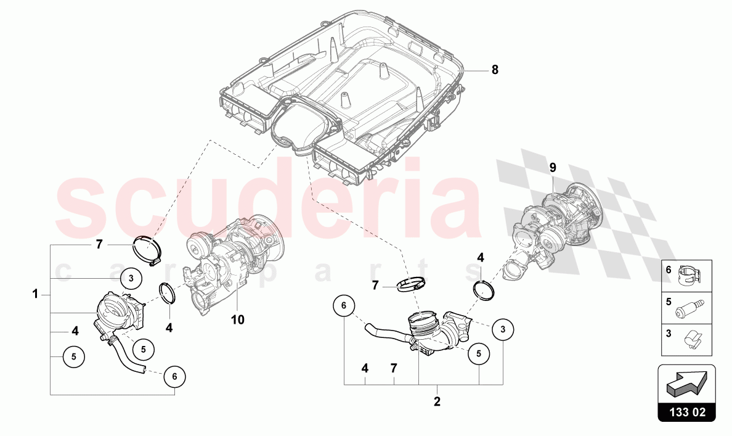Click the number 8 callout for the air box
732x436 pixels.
(494, 70)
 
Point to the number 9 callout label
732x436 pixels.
(553, 167)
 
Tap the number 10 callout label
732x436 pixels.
(238, 319)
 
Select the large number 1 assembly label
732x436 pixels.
(36, 294)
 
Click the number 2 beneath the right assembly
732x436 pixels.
(437, 401)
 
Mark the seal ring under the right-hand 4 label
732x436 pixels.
(484, 289)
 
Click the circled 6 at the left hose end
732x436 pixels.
(174, 376)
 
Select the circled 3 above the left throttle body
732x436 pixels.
(131, 278)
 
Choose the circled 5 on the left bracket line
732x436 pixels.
(73, 356)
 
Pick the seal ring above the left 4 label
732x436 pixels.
(167, 292)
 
